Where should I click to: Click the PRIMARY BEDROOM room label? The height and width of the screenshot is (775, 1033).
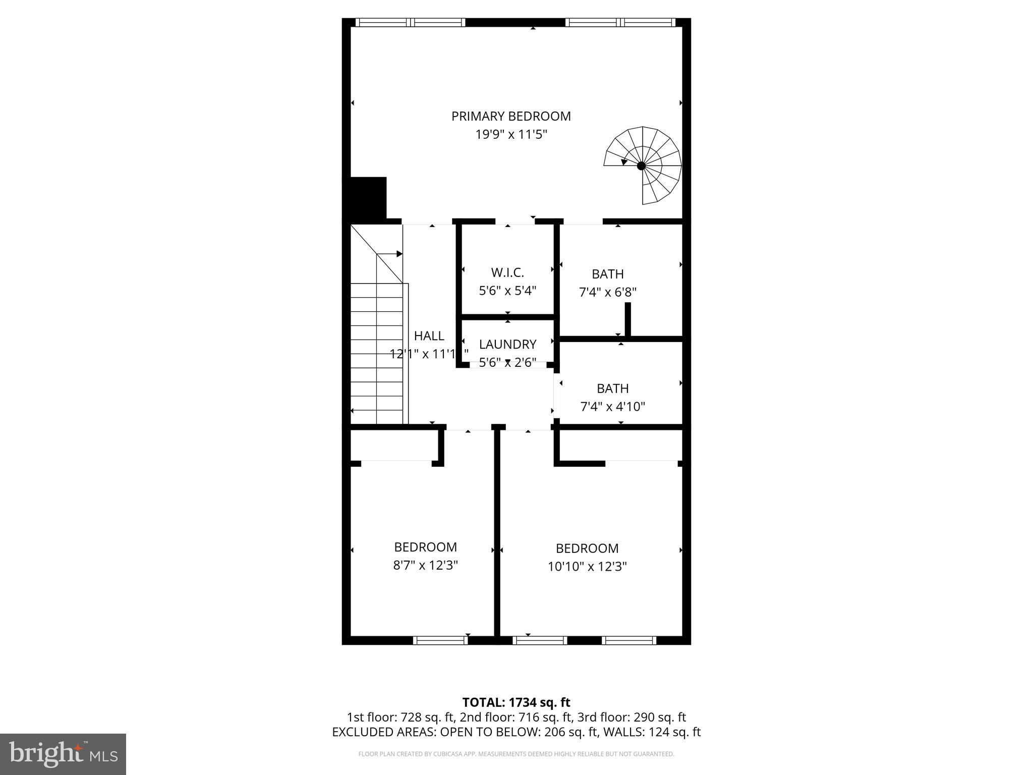(511, 116)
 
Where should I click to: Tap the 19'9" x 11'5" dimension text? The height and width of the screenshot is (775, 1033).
(511, 135)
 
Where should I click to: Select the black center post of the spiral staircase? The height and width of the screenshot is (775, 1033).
(641, 165)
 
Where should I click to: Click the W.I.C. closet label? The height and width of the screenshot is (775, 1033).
(507, 272)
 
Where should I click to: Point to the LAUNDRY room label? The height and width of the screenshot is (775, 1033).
(507, 344)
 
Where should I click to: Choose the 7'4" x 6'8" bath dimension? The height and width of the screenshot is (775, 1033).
(608, 292)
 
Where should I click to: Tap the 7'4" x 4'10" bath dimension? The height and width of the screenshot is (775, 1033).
(612, 407)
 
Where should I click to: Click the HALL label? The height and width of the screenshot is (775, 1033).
(429, 336)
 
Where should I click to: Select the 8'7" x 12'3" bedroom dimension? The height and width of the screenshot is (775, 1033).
(425, 565)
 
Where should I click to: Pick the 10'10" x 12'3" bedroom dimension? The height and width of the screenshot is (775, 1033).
(587, 566)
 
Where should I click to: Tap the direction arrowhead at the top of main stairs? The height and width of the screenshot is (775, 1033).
(399, 254)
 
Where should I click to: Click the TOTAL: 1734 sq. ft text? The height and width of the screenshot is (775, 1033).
(516, 702)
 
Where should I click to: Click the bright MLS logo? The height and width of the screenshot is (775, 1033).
(63, 754)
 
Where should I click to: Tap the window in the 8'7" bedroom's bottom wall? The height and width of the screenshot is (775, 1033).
(440, 640)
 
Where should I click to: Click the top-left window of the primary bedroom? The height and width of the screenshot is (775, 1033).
(410, 22)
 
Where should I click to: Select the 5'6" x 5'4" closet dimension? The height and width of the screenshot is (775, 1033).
(507, 291)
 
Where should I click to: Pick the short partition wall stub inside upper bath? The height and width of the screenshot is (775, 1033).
(628, 319)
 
